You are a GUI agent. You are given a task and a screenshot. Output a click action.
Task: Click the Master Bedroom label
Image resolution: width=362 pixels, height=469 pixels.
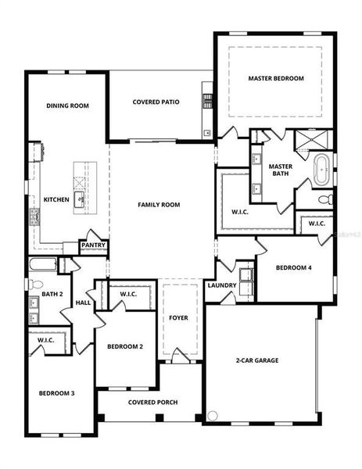coord(276,78)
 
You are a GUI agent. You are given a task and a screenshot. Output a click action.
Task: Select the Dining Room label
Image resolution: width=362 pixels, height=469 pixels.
coord(67,106)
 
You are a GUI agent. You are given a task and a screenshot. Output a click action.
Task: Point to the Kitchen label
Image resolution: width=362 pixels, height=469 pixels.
coord(56,199)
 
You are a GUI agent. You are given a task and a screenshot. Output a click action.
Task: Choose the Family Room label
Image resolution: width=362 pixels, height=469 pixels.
coord(159,205)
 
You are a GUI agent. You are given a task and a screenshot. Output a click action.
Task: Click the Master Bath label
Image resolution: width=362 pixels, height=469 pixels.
coord(280,170)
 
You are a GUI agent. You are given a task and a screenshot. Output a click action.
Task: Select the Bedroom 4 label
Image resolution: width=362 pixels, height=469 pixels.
coord(294,267)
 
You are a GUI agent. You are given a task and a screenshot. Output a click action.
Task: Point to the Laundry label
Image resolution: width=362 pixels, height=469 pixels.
coord(221,285)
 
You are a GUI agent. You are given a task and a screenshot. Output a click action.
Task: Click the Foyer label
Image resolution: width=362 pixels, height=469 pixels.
coord(178,318)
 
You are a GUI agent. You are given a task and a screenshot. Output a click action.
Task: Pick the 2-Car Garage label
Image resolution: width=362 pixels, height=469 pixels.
coord(257,360)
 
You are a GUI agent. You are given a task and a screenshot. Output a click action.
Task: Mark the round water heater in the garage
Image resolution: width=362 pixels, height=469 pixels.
coord(213,415)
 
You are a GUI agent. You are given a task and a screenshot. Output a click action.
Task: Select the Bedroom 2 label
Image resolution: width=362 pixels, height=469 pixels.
coord(125,346)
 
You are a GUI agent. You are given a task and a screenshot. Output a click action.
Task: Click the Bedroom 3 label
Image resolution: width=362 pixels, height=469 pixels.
coord(57,392)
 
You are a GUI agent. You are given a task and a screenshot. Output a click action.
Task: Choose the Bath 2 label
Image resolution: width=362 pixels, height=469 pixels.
coord(52,294)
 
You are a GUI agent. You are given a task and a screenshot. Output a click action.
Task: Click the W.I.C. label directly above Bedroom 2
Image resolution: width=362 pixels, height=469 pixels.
coord(128,294)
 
